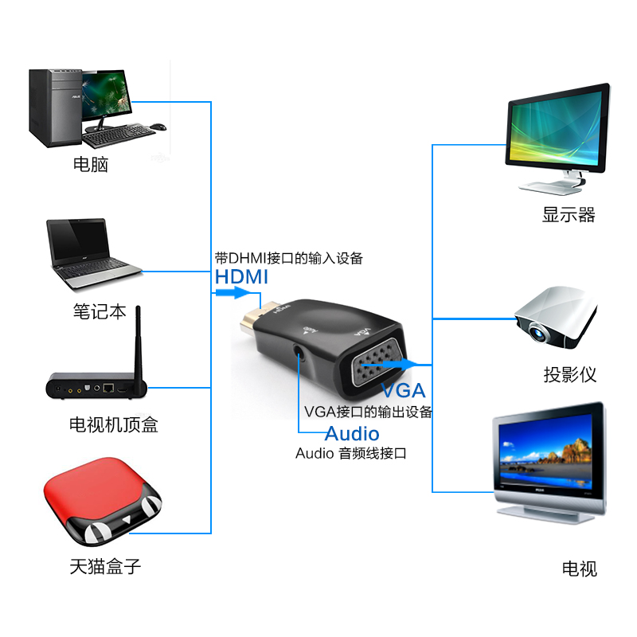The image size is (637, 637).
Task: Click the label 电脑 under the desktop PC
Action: [90, 165]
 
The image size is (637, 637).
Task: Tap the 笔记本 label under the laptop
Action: [100, 311]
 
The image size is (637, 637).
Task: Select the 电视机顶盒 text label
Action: [113, 424]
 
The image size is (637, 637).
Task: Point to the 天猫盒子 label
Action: [105, 567]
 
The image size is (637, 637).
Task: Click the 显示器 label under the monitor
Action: [569, 214]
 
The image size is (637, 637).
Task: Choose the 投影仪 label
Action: [569, 374]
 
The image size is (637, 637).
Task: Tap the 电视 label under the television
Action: [579, 569]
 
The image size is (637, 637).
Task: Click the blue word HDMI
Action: [241, 277]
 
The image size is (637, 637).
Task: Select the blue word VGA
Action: [403, 391]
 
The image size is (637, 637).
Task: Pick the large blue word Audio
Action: [352, 434]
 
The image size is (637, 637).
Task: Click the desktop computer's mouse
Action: [158, 126]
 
